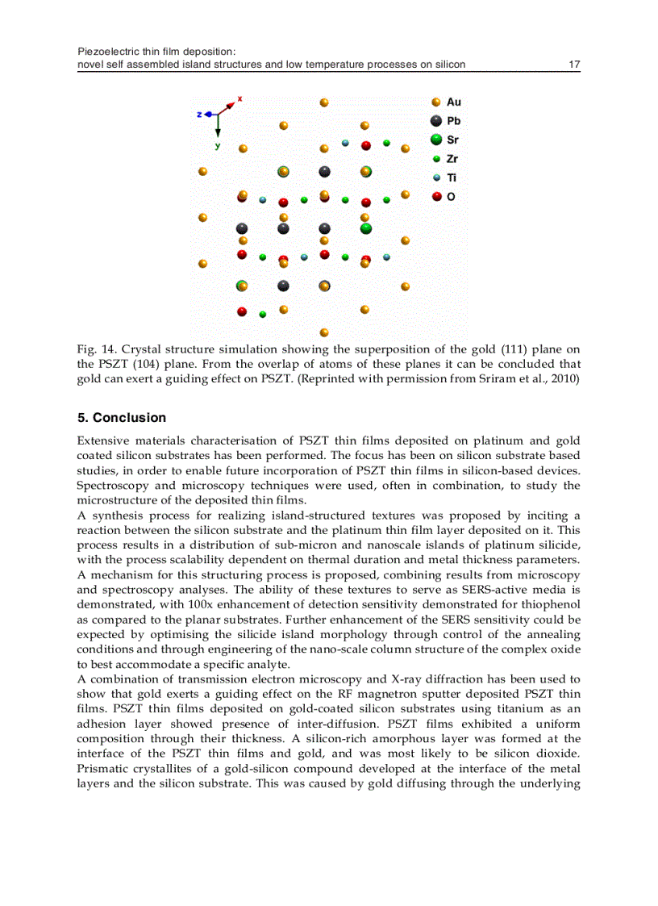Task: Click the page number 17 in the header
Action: click(x=574, y=65)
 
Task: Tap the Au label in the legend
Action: click(x=454, y=102)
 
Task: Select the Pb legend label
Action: click(x=454, y=121)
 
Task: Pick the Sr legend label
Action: click(x=453, y=140)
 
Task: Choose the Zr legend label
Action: click(x=452, y=159)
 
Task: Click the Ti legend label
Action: click(x=452, y=177)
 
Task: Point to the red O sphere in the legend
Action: click(x=436, y=196)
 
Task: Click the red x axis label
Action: click(x=239, y=99)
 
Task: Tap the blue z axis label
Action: click(x=199, y=115)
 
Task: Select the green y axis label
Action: click(x=217, y=146)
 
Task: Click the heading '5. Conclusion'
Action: click(x=121, y=418)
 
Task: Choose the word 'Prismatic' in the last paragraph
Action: click(x=101, y=768)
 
